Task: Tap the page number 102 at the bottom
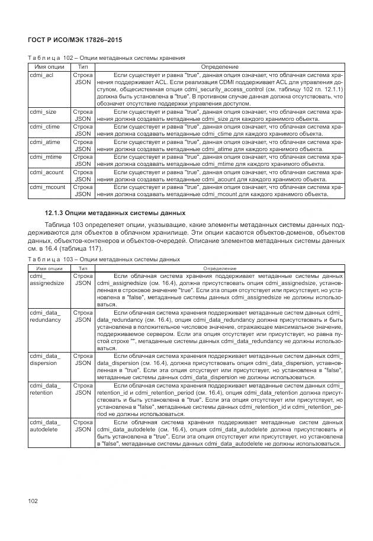[33, 501]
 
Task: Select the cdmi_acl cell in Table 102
[41, 76]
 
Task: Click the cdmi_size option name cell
[42, 111]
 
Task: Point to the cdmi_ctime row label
[43, 126]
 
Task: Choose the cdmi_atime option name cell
[43, 142]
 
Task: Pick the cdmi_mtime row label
[43, 157]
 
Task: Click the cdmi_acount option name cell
[44, 172]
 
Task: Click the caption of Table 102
[107, 58]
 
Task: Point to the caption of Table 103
[104, 260]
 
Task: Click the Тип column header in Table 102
[82, 67]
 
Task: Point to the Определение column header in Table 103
[219, 268]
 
